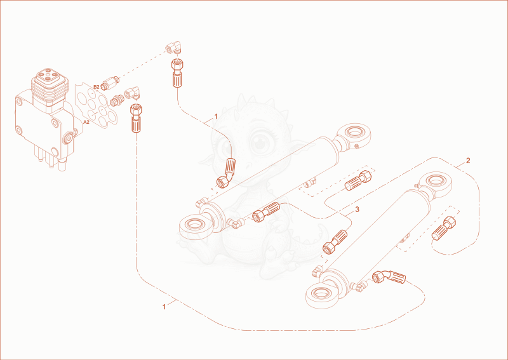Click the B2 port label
pyautogui.click(x=97, y=87)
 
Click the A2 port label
pyautogui.click(x=86, y=122)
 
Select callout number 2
pyautogui.click(x=468, y=161)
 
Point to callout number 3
pyautogui.click(x=357, y=210)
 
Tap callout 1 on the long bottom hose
pyautogui.click(x=164, y=307)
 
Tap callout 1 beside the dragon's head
pyautogui.click(x=216, y=116)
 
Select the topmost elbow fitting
pyautogui.click(x=173, y=48)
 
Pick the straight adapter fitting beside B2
pyautogui.click(x=110, y=83)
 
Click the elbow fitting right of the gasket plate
pyautogui.click(x=132, y=93)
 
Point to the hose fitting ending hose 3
pyautogui.click(x=335, y=242)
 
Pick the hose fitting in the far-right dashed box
pyautogui.click(x=444, y=228)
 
